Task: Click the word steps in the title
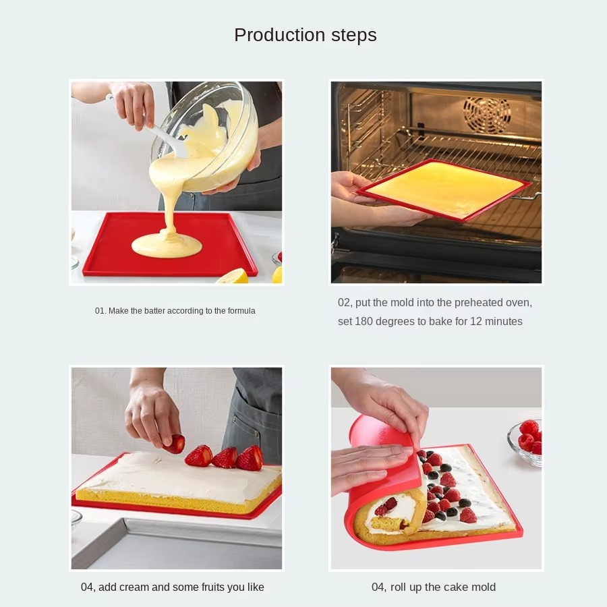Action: point(354,36)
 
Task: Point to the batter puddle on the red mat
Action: point(167,245)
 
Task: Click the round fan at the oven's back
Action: point(487,113)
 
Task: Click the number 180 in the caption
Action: point(364,322)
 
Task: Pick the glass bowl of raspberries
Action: point(525,442)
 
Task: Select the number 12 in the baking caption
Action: point(475,322)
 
